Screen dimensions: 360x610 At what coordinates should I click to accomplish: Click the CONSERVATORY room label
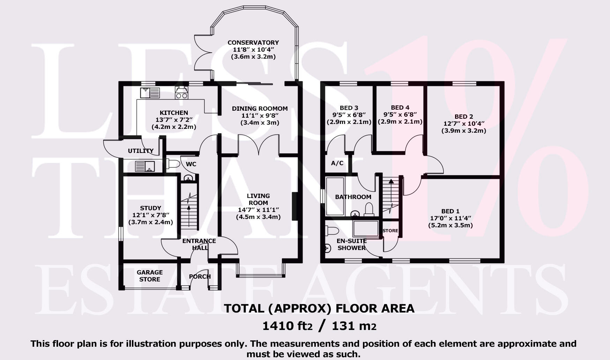tap(253, 43)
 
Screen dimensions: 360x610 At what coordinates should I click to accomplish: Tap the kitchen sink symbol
tap(150, 93)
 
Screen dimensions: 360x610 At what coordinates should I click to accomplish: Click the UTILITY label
tap(141, 151)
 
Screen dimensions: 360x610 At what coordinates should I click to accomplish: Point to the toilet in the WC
tap(173, 163)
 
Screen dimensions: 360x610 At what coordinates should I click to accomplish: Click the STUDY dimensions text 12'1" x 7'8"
tap(151, 215)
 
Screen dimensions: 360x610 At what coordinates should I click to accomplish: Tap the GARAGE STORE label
tap(150, 275)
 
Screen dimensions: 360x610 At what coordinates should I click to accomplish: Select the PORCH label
tap(200, 277)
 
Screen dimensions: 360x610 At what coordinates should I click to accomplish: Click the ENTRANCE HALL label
tap(199, 244)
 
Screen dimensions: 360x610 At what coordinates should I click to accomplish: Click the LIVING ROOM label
tap(258, 199)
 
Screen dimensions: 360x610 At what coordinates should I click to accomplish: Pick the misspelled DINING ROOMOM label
tap(260, 109)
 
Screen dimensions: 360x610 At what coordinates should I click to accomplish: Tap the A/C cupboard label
tap(337, 163)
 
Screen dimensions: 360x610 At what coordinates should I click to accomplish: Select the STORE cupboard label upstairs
tap(390, 230)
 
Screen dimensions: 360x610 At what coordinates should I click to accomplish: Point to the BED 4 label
tap(400, 108)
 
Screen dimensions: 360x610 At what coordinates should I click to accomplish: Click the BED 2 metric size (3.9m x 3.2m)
tap(464, 131)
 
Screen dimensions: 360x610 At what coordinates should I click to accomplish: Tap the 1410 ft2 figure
tap(287, 326)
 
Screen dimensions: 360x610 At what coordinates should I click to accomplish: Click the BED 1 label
tap(450, 211)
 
